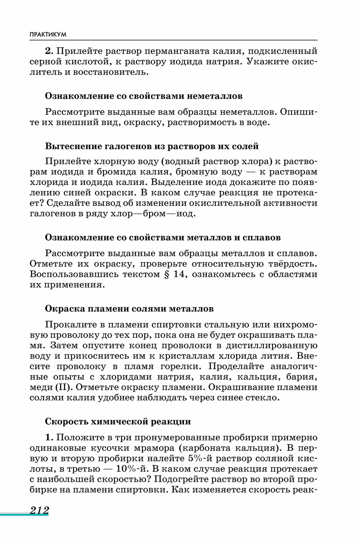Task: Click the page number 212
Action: point(39,510)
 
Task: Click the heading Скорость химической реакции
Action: point(118,421)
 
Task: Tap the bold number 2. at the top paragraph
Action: point(49,51)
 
